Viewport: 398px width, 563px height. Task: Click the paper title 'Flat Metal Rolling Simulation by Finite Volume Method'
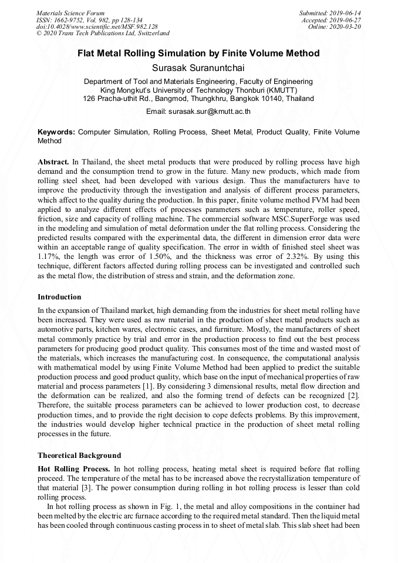[x=198, y=53]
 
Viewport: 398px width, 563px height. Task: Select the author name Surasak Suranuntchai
[x=198, y=68]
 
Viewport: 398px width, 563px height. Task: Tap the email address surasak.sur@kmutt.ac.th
[x=198, y=111]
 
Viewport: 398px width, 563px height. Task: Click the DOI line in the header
[x=97, y=26]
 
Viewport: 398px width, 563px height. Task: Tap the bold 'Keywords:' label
[x=56, y=133]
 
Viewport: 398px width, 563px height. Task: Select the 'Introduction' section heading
[x=59, y=297]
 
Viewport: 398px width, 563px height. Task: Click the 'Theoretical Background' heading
[x=79, y=455]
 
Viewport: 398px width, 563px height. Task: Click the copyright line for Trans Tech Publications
[x=103, y=33]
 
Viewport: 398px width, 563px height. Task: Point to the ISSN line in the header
[x=89, y=19]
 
